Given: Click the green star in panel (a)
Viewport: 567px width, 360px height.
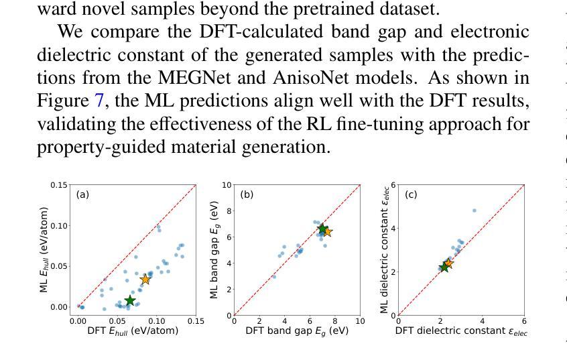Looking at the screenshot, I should tap(130, 300).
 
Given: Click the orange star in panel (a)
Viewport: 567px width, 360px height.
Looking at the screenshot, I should tap(145, 279).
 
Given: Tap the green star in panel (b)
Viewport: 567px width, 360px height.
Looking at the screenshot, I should tap(322, 229).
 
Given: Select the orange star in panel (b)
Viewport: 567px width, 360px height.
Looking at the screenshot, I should tap(327, 232).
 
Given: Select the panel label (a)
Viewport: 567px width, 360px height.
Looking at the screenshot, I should tap(82, 194).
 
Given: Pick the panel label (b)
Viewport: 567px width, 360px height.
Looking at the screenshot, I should tap(247, 194).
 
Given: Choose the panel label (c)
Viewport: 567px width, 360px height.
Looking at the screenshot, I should tap(411, 194).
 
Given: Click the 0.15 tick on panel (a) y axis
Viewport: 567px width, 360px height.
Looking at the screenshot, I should tap(59, 185).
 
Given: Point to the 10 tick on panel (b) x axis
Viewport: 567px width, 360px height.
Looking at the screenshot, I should tap(360, 322).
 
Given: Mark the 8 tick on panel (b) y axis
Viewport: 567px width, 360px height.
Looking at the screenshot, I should tap(229, 211).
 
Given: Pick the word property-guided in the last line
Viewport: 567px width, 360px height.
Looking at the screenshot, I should tap(102, 147).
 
